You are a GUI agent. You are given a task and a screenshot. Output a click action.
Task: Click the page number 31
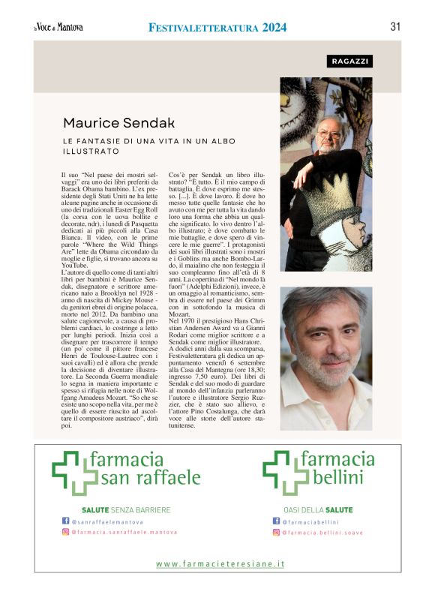[x=395, y=27]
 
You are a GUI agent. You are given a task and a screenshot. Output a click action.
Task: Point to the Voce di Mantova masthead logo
[x=58, y=28]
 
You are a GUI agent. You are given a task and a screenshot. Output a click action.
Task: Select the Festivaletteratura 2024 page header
[x=217, y=28]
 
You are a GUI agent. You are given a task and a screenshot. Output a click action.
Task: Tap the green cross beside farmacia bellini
[x=277, y=471]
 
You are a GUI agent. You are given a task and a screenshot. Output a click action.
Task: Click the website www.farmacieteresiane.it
[x=220, y=563]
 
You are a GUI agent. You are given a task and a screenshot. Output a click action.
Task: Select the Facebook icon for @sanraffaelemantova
[x=65, y=521]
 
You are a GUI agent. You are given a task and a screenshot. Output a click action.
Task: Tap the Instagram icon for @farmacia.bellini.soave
[x=276, y=532]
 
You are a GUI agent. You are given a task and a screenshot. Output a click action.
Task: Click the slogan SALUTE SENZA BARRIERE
[x=126, y=510]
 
